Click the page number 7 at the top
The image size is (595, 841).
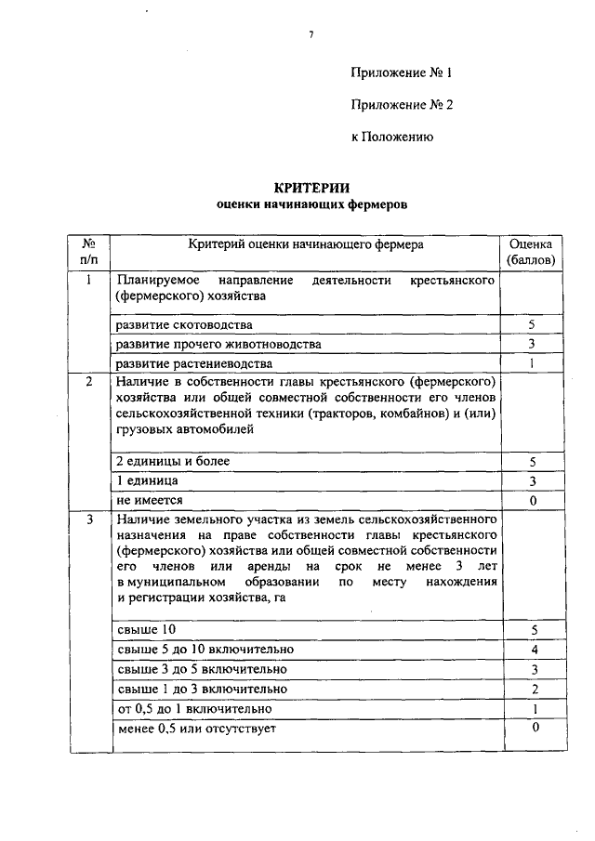(311, 35)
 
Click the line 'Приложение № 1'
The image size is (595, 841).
(401, 72)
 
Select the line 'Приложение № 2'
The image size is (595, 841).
(401, 105)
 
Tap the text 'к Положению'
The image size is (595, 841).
(393, 137)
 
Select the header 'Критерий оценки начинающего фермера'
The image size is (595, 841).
(305, 244)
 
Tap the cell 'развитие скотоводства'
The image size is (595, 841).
(183, 325)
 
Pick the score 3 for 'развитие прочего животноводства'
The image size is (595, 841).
(532, 344)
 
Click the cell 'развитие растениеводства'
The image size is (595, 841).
(193, 362)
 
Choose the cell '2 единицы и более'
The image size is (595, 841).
(172, 461)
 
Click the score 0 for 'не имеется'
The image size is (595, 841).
(532, 501)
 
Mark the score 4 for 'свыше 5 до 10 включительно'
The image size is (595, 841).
(532, 650)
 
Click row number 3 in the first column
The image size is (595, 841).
(89, 519)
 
